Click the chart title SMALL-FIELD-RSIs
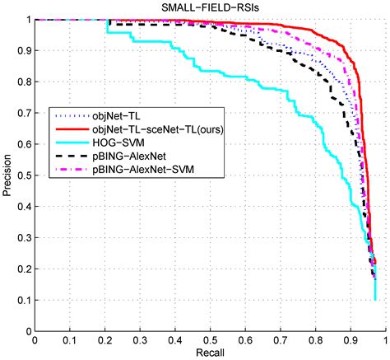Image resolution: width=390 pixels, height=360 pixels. (210, 8)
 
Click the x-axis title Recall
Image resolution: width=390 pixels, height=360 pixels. (210, 352)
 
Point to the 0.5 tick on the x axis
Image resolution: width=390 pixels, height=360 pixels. (211, 339)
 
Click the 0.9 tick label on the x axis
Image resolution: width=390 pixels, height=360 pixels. (351, 339)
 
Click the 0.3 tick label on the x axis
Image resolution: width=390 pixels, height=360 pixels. (140, 339)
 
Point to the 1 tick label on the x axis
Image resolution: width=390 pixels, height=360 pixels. (386, 339)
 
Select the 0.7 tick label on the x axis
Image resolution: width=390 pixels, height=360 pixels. (281, 339)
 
